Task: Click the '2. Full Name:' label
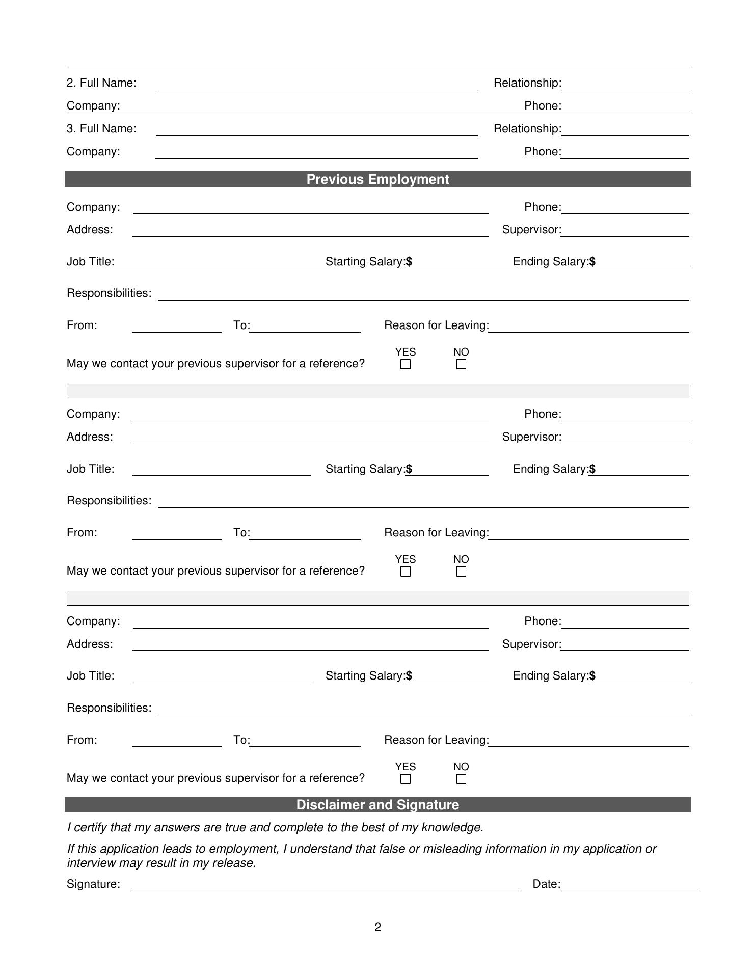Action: (101, 83)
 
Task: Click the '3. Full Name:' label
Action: (101, 129)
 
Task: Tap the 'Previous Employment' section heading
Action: (377, 179)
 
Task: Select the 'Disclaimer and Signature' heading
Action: (377, 805)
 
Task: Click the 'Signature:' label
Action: (93, 884)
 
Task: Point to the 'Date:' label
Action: (546, 884)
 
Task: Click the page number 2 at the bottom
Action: (377, 928)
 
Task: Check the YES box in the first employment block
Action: (406, 365)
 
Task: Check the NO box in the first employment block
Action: (461, 365)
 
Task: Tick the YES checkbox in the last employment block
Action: (406, 779)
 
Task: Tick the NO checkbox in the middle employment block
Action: (461, 572)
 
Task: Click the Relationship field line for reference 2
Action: (625, 87)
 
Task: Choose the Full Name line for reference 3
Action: (316, 132)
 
